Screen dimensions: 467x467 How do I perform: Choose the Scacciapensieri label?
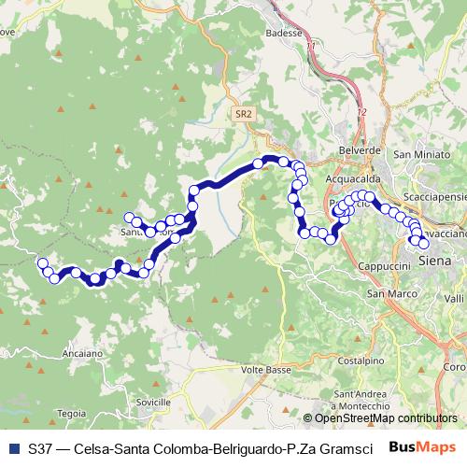(x=429, y=198)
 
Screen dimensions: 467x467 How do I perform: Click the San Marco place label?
(x=388, y=294)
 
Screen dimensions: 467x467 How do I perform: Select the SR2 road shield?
(x=244, y=113)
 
